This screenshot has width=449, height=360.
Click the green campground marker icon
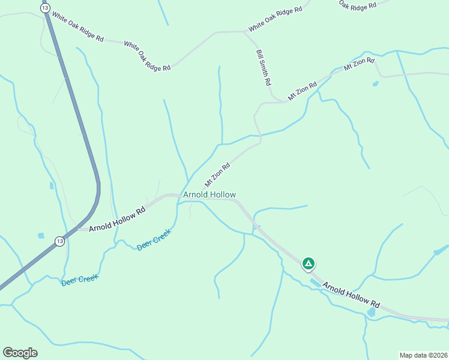[x=308, y=263]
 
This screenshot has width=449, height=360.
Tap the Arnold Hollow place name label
[x=209, y=195]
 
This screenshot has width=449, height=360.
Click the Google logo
[x=20, y=353]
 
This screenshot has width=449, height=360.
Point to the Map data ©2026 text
[x=423, y=355]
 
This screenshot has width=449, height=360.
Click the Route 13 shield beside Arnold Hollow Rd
[x=59, y=241]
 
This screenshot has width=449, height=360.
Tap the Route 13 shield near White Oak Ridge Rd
[x=45, y=7]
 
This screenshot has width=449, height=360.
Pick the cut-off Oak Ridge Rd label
[x=357, y=4]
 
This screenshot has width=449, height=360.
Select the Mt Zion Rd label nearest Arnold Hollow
[x=217, y=175]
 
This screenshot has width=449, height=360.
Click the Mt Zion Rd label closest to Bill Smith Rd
[x=302, y=91]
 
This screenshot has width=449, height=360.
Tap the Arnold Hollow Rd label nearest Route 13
[x=117, y=220]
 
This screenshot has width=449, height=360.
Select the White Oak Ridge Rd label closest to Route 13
[x=77, y=26]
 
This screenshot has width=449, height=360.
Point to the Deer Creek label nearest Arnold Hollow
[x=154, y=239]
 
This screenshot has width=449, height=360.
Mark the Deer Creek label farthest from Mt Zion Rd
[x=79, y=279]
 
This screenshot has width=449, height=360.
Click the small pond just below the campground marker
[x=315, y=282]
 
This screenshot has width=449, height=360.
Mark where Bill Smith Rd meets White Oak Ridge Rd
[x=244, y=32]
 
